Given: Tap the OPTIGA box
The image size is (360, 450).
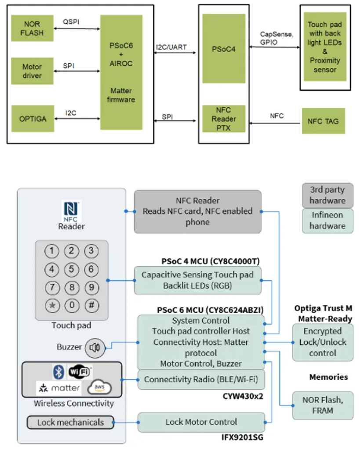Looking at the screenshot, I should pyautogui.click(x=32, y=117).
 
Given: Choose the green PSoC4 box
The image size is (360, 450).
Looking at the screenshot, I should pyautogui.click(x=224, y=48).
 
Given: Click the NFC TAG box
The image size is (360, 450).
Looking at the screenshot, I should pyautogui.click(x=323, y=121).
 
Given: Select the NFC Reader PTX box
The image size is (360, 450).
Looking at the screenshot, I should pyautogui.click(x=224, y=119).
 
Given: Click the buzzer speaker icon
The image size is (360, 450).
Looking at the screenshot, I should pyautogui.click(x=95, y=348).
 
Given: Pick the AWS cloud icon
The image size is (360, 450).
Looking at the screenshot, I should pyautogui.click(x=99, y=388).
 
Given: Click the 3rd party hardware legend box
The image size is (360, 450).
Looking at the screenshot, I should pyautogui.click(x=327, y=195).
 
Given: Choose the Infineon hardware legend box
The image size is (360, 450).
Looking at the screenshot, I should pyautogui.click(x=327, y=221).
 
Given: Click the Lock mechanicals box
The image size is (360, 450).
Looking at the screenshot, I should pyautogui.click(x=70, y=423).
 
